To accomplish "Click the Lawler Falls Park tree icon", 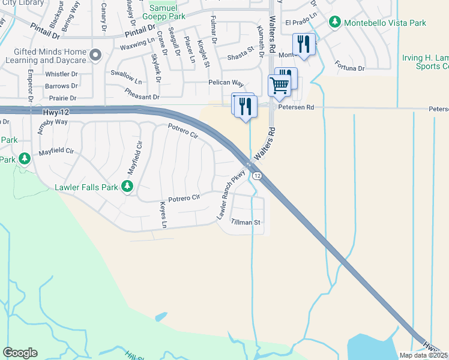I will click(x=127, y=187).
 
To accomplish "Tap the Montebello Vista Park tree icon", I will click(x=335, y=22).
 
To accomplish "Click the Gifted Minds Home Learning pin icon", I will click(x=95, y=56).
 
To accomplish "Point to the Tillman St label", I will click(x=246, y=222).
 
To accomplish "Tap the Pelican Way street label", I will click(x=226, y=83).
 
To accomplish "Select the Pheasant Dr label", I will click(x=142, y=96).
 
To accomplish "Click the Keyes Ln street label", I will click(x=163, y=215).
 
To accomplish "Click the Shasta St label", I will click(x=241, y=56).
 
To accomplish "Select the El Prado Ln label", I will click(x=301, y=23).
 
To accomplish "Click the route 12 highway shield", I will click(x=256, y=175).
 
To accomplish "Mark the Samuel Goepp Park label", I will click(x=167, y=13).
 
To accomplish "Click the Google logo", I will click(x=19, y=353).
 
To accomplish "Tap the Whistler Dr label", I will click(x=62, y=74).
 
